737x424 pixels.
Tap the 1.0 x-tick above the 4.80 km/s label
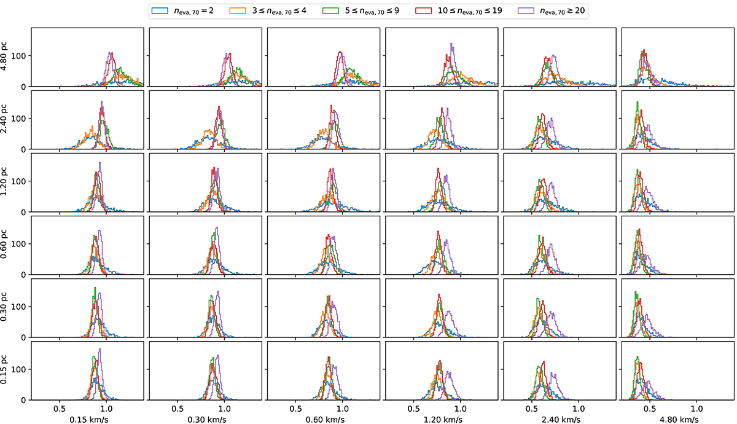[x=697, y=408]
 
